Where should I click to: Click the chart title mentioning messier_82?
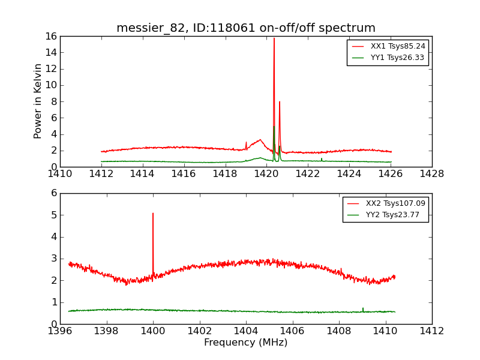pos(246,28)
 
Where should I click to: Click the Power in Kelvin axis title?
pos(38,101)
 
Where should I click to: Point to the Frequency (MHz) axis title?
pos(246,343)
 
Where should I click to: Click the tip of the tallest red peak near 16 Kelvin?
pos(274,38)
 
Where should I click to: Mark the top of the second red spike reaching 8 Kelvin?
pos(280,102)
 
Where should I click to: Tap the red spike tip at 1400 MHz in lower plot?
pos(153,213)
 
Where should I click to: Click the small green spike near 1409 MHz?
pos(363,308)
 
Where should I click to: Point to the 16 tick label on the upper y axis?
pos(50,36)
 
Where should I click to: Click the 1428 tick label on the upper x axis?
pos(432,174)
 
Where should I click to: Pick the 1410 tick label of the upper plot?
pos(60,174)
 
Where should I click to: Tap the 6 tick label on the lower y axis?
pos(53,193)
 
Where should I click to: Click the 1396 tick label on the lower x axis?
pos(60,331)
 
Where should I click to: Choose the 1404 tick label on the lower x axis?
pos(246,331)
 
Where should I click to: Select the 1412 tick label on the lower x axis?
pos(432,331)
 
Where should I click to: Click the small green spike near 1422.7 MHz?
pos(322,158)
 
